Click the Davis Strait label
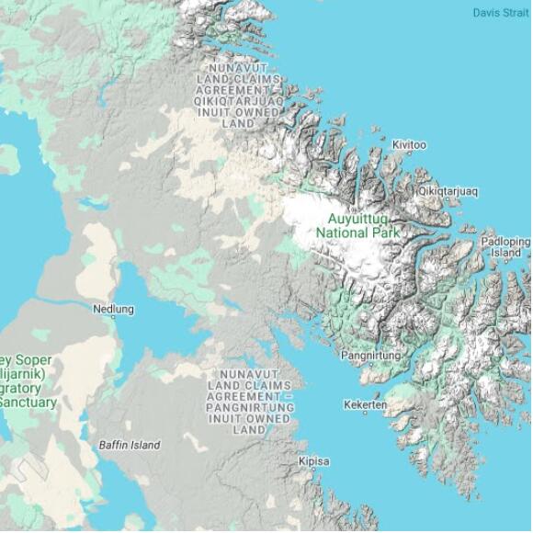(x=501, y=13)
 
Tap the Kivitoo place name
(x=409, y=145)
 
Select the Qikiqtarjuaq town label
(x=448, y=191)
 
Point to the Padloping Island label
(x=505, y=246)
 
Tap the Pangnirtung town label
(x=371, y=355)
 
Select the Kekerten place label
(x=365, y=404)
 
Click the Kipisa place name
(x=314, y=461)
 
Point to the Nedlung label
(x=113, y=310)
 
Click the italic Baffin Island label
(x=130, y=445)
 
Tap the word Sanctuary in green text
(x=28, y=403)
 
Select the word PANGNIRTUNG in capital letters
(x=249, y=407)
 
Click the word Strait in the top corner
(x=516, y=13)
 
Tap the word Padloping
(x=505, y=241)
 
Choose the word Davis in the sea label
(x=486, y=13)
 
